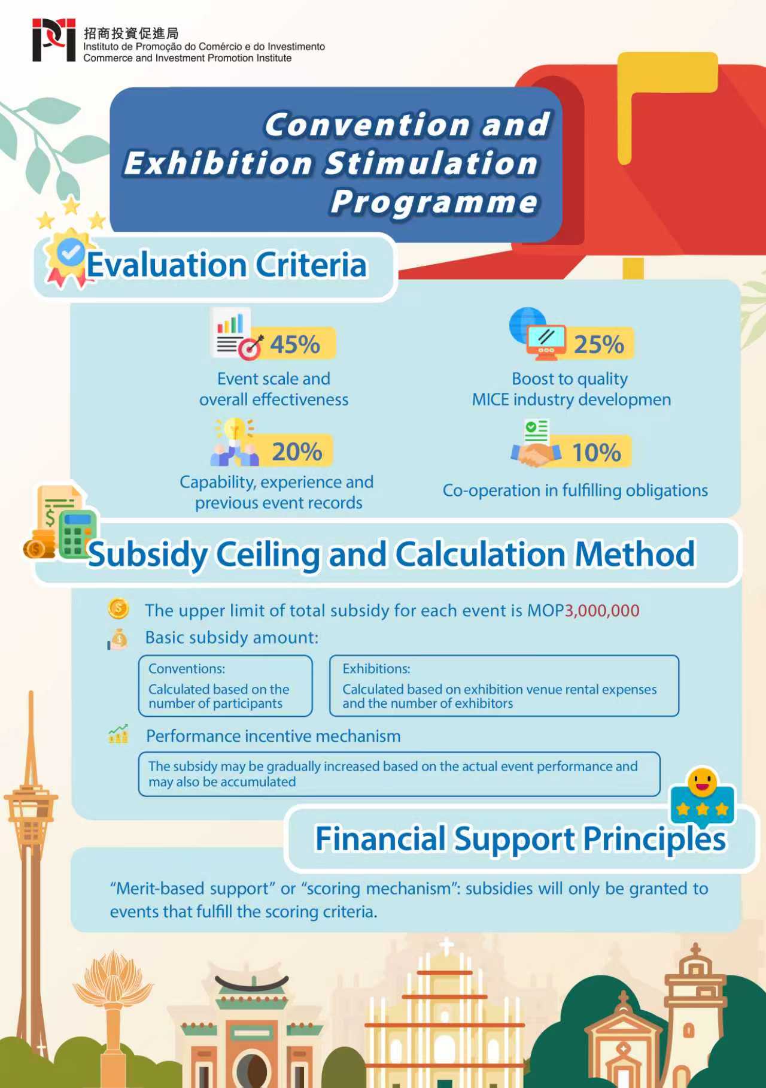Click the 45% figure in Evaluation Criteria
pyautogui.click(x=295, y=344)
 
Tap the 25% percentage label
pyautogui.click(x=598, y=344)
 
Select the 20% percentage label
pyautogui.click(x=297, y=451)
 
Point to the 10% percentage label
pyautogui.click(x=596, y=452)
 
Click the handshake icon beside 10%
pyautogui.click(x=534, y=453)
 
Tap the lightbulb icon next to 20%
pyautogui.click(x=234, y=430)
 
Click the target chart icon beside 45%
pyautogui.click(x=250, y=347)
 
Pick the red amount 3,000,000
pyautogui.click(x=602, y=610)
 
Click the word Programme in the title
pyautogui.click(x=434, y=201)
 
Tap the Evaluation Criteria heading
pyautogui.click(x=226, y=265)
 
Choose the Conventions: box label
pyautogui.click(x=187, y=668)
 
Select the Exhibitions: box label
pyautogui.click(x=376, y=668)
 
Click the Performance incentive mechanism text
pyautogui.click(x=273, y=736)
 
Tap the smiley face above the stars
pyautogui.click(x=702, y=781)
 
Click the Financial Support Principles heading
pyautogui.click(x=520, y=838)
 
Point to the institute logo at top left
pyautogui.click(x=54, y=40)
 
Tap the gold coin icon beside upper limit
pyautogui.click(x=118, y=609)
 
